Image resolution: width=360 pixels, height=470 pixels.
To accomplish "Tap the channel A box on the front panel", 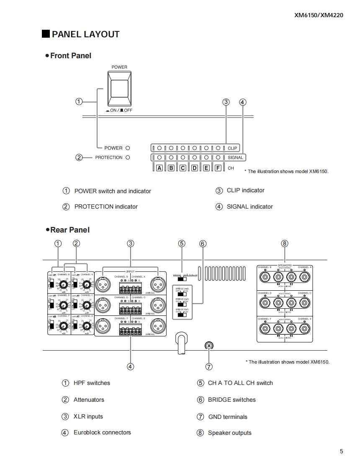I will [x=159, y=168].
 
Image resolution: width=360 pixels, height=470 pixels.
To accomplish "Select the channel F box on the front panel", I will [x=218, y=168].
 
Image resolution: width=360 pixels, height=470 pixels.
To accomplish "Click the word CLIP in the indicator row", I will [x=232, y=148].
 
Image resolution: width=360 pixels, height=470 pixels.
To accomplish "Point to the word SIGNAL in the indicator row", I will [x=235, y=158].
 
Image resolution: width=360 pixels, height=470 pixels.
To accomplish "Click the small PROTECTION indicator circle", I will [x=128, y=158].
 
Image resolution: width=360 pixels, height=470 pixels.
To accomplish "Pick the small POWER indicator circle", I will [x=128, y=148].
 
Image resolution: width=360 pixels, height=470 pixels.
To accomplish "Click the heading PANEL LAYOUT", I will [x=85, y=34].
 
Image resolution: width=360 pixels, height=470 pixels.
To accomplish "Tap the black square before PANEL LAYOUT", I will [x=46, y=34].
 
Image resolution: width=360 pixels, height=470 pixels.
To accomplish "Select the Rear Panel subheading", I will [x=69, y=230].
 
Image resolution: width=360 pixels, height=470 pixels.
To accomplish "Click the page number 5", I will [x=342, y=451].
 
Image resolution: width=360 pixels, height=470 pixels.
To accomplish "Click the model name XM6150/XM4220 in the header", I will [x=319, y=15].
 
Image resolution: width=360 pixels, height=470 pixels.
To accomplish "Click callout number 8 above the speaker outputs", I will [x=285, y=243].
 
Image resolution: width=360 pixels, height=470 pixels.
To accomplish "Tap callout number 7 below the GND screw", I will [x=209, y=367].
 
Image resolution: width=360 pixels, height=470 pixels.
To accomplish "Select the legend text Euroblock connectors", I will [x=102, y=432].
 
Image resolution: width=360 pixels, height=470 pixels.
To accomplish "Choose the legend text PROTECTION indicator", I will [x=106, y=207].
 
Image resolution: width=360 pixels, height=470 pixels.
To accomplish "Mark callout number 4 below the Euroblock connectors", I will [x=130, y=367].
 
